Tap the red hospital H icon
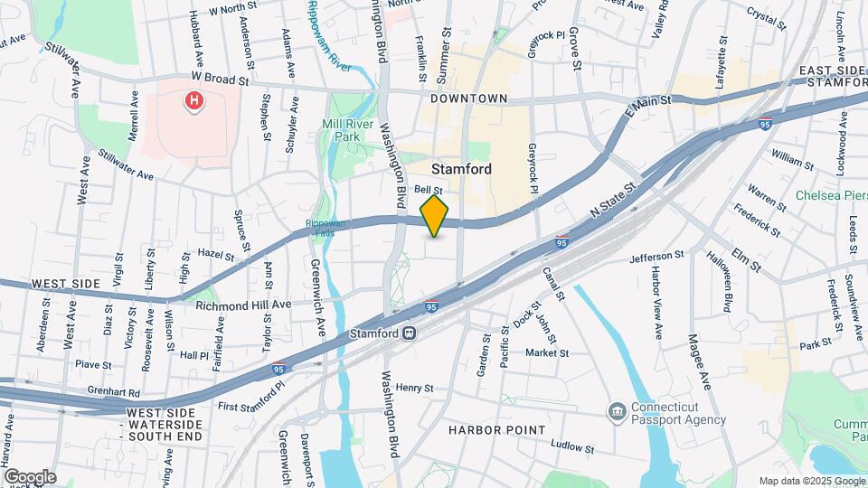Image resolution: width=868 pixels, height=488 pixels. (193, 101)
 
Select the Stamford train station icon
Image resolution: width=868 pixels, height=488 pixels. (410, 333)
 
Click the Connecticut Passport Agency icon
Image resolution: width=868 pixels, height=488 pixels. (618, 412)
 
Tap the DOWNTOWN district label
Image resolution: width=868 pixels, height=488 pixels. (469, 98)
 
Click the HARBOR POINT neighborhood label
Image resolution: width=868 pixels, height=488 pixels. (496, 429)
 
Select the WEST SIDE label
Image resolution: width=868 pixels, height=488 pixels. (65, 284)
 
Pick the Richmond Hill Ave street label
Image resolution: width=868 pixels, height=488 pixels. (243, 305)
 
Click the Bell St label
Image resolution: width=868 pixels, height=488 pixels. (428, 191)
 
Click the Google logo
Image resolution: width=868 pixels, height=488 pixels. (30, 476)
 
